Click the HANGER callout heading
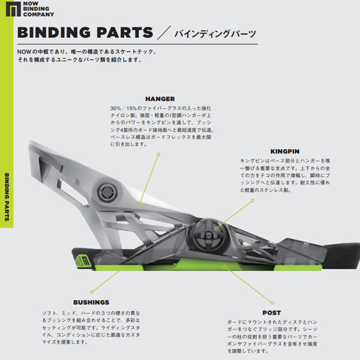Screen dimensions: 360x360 pos(160,99)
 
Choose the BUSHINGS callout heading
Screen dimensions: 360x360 pos(91,302)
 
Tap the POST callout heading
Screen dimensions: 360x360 pos(271,313)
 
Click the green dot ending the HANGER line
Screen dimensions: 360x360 pos(158,155)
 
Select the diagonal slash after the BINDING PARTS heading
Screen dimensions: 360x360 pos(163,33)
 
